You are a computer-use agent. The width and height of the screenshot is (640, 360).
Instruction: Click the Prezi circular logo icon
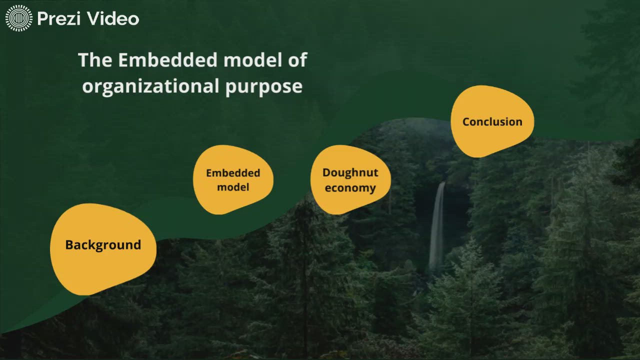(19, 19)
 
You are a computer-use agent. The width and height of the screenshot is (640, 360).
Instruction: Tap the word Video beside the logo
(112, 19)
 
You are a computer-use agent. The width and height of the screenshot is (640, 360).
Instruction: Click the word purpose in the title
(263, 86)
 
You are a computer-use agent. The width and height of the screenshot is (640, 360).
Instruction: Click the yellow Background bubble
(102, 248)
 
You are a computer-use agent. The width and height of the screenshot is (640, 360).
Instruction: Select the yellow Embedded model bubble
(233, 180)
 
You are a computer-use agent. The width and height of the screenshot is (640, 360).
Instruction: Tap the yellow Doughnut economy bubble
(350, 180)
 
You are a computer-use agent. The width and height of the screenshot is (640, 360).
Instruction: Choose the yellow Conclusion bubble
(492, 121)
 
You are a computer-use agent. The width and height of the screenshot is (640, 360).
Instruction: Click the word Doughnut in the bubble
(350, 172)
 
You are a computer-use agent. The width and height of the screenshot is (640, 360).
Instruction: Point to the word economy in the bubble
(350, 188)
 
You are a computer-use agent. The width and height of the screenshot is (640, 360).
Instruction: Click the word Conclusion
(492, 121)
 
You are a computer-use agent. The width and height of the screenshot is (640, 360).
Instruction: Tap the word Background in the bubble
(103, 245)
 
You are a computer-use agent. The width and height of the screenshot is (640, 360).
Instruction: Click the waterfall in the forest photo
(438, 225)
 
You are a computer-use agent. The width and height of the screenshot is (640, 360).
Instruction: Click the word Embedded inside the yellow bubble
(233, 173)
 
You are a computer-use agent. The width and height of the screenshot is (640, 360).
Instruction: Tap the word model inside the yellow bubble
(233, 188)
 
